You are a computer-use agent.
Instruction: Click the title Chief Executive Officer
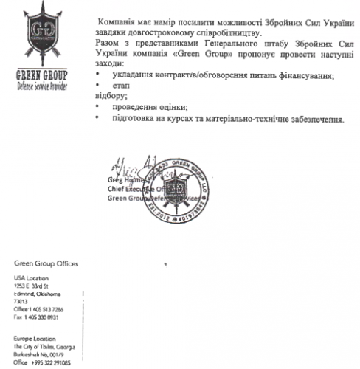coord(137,189)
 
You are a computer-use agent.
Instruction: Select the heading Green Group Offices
coord(46,264)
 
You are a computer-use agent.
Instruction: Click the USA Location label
coord(30,277)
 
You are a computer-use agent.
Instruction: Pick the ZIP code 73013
coord(22,302)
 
